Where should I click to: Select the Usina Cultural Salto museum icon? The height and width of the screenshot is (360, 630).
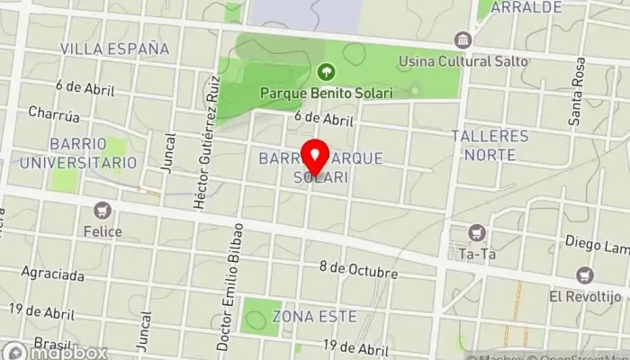[463, 40]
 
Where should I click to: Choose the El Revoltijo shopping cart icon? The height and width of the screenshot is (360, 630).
[586, 274]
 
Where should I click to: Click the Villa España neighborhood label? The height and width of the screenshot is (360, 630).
[114, 48]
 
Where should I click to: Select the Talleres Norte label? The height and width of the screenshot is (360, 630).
[490, 146]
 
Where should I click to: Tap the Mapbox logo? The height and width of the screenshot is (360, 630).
[54, 352]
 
